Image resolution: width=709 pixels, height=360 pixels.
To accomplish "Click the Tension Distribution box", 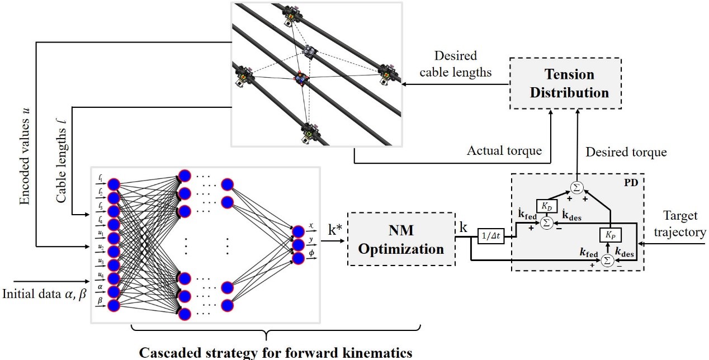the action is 565,83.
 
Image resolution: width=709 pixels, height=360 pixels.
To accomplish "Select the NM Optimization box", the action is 401,239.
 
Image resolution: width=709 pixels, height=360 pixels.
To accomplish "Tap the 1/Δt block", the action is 490,236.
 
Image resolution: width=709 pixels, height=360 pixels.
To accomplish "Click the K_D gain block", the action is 547,206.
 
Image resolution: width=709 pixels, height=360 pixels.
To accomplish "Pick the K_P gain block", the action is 610,235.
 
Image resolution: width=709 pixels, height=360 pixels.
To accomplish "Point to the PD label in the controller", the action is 631,183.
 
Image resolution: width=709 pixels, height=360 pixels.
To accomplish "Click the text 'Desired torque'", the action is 626,152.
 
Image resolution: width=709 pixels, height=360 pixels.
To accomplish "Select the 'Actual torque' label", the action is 504,150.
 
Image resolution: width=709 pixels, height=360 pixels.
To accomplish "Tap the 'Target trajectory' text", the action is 680,224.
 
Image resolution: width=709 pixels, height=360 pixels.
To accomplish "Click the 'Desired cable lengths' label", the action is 456,64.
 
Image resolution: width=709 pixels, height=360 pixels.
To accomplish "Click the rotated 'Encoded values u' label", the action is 25,157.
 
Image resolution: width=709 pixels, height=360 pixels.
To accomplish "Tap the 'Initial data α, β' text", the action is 44,294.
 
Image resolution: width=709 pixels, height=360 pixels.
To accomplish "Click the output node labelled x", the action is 298,232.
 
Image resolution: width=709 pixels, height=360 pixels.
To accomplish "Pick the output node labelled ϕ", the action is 298,258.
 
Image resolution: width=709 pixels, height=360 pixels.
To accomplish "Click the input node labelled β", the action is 114,306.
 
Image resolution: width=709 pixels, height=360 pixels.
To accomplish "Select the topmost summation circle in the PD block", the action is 576,188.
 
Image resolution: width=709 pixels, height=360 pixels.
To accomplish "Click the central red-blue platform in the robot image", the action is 301,78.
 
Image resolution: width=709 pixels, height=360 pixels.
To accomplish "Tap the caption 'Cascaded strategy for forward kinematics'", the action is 276,353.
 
